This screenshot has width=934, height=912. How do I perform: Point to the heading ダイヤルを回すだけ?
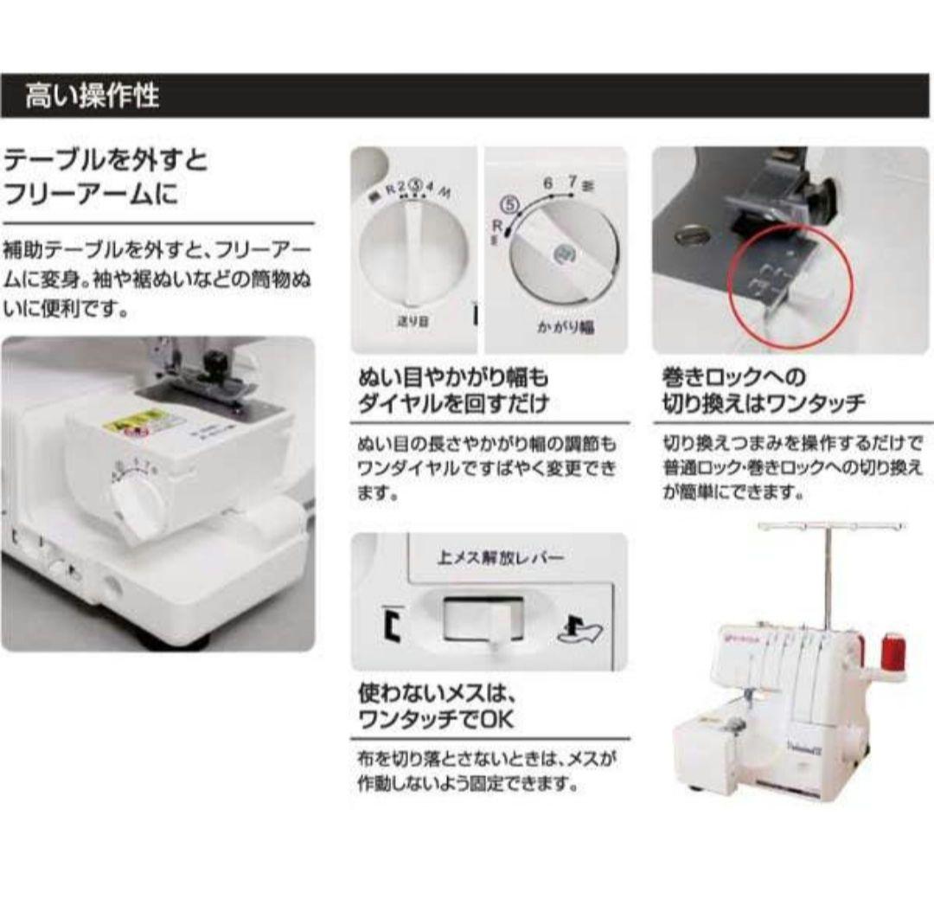click(x=453, y=403)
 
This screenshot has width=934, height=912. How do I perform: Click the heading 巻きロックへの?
click(x=733, y=377)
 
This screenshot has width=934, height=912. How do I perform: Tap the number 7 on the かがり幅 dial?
click(x=572, y=182)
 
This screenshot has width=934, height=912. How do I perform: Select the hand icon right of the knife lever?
click(x=582, y=629)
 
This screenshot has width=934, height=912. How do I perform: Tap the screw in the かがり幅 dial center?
click(x=563, y=254)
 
